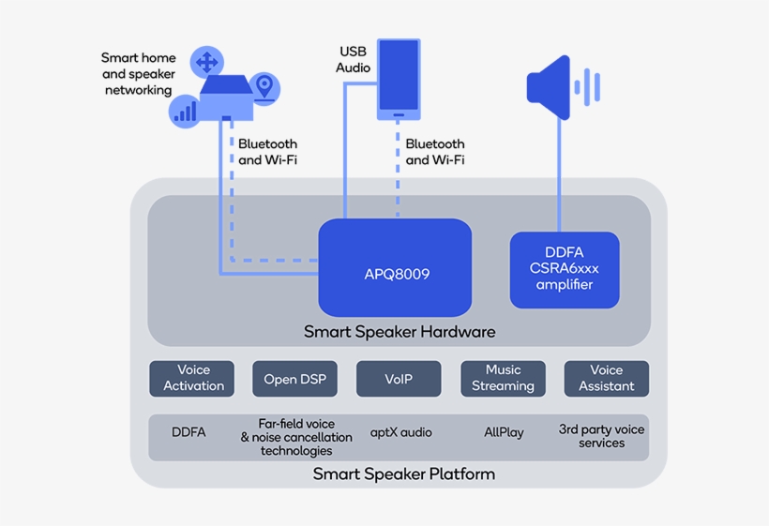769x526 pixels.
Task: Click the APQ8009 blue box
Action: point(395,267)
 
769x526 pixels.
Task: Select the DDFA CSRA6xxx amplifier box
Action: point(565,270)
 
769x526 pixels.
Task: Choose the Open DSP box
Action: point(294,379)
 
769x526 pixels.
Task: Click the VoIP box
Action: point(399,379)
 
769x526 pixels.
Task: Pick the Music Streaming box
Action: point(503,378)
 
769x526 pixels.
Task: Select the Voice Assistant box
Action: point(606,378)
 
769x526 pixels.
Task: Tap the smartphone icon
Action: point(399,79)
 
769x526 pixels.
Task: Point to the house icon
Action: point(227,97)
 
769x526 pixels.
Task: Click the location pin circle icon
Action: point(265,87)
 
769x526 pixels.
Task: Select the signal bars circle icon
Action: point(186,112)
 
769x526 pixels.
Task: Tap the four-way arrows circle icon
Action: point(206,63)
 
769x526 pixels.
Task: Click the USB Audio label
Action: point(354,59)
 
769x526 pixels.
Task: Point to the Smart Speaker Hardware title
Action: point(400,332)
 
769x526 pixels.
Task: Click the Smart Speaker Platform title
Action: point(403,473)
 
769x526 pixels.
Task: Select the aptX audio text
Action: point(401,432)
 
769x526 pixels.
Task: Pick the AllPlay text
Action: point(504,432)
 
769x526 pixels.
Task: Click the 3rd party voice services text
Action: point(601,436)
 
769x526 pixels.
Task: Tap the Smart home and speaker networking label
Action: point(138,74)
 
